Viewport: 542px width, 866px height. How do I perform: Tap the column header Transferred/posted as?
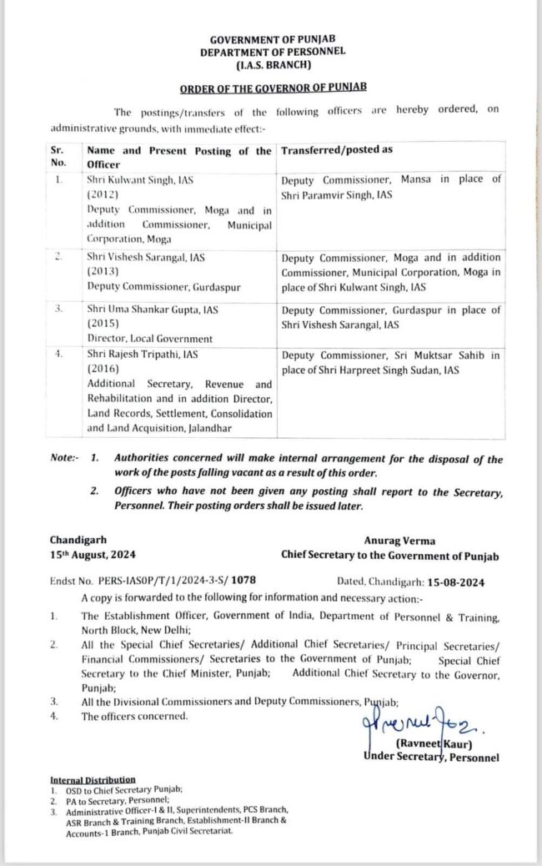pyautogui.click(x=337, y=150)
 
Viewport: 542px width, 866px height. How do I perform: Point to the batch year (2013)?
pyautogui.click(x=103, y=272)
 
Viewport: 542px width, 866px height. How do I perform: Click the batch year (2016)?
pyautogui.click(x=103, y=369)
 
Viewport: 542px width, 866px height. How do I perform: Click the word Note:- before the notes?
pyautogui.click(x=63, y=459)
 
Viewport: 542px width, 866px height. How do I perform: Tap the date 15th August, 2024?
pyautogui.click(x=93, y=555)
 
